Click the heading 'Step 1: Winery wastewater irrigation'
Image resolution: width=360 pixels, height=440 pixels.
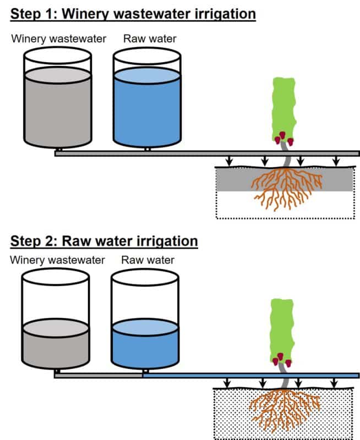coord(133,14)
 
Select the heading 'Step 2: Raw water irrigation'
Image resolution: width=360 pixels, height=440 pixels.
coord(103,241)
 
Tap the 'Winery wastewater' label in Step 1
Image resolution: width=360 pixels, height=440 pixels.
coord(58,39)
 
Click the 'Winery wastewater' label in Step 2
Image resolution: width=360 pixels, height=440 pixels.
coord(57,260)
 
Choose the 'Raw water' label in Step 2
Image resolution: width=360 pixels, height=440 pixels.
coord(148,260)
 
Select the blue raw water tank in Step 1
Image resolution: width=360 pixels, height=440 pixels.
coord(147,107)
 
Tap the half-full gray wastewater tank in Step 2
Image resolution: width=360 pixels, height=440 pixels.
coord(55,344)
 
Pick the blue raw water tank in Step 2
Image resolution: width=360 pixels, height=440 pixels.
coord(145,344)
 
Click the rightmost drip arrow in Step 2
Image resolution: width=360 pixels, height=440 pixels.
coord(334,382)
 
